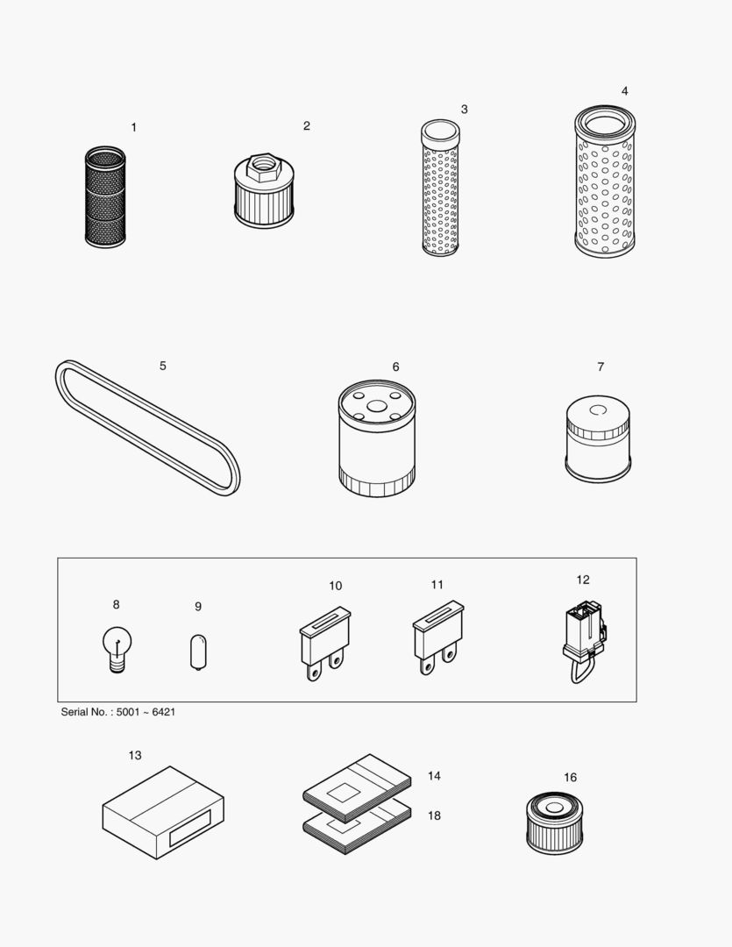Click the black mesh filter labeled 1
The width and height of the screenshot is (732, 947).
(x=105, y=197)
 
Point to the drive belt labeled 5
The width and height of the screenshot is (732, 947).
(x=146, y=427)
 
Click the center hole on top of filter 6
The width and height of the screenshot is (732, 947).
(x=376, y=407)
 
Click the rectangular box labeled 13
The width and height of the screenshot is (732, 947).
(x=163, y=813)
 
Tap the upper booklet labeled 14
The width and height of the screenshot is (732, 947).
(x=357, y=782)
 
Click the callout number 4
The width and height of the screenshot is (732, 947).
(x=624, y=91)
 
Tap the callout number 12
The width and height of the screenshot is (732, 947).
(x=583, y=580)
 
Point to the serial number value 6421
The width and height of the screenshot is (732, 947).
(x=163, y=712)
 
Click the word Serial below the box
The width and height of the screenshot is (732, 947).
(x=76, y=712)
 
